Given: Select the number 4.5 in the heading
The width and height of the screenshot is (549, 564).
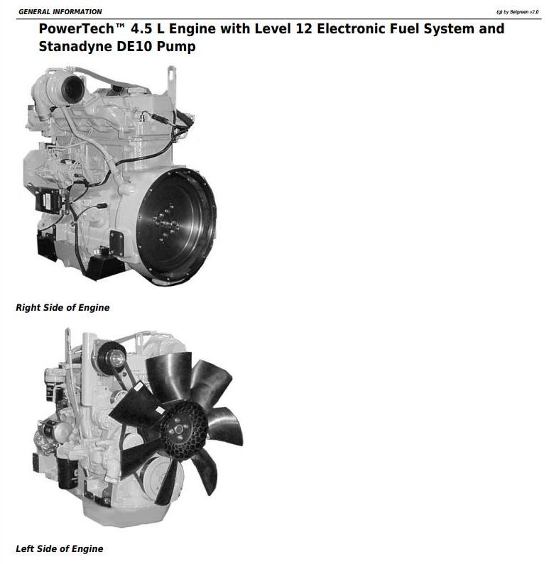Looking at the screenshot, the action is pos(142,29).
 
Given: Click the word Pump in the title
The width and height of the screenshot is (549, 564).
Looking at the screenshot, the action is pos(176,47).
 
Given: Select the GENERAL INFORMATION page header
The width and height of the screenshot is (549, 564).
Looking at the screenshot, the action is pos(60,12).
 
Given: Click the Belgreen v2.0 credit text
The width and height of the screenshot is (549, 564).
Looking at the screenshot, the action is pos(517,12).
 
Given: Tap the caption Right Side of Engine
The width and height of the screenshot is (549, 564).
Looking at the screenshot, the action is pos(62,307).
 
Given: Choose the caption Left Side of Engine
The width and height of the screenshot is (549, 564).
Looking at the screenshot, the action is pos(60,548).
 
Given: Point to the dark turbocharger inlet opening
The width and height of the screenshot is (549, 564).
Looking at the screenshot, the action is pos(73,89).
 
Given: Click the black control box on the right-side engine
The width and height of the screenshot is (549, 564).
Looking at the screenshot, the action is pos(48,201).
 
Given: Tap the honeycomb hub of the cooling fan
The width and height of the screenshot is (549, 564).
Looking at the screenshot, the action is pos(184,430).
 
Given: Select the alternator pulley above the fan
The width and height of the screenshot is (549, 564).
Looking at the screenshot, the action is pos(112,358).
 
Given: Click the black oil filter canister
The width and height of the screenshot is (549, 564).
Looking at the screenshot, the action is pos(68,473).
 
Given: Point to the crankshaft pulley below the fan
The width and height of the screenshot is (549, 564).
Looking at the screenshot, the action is pos(158,477).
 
